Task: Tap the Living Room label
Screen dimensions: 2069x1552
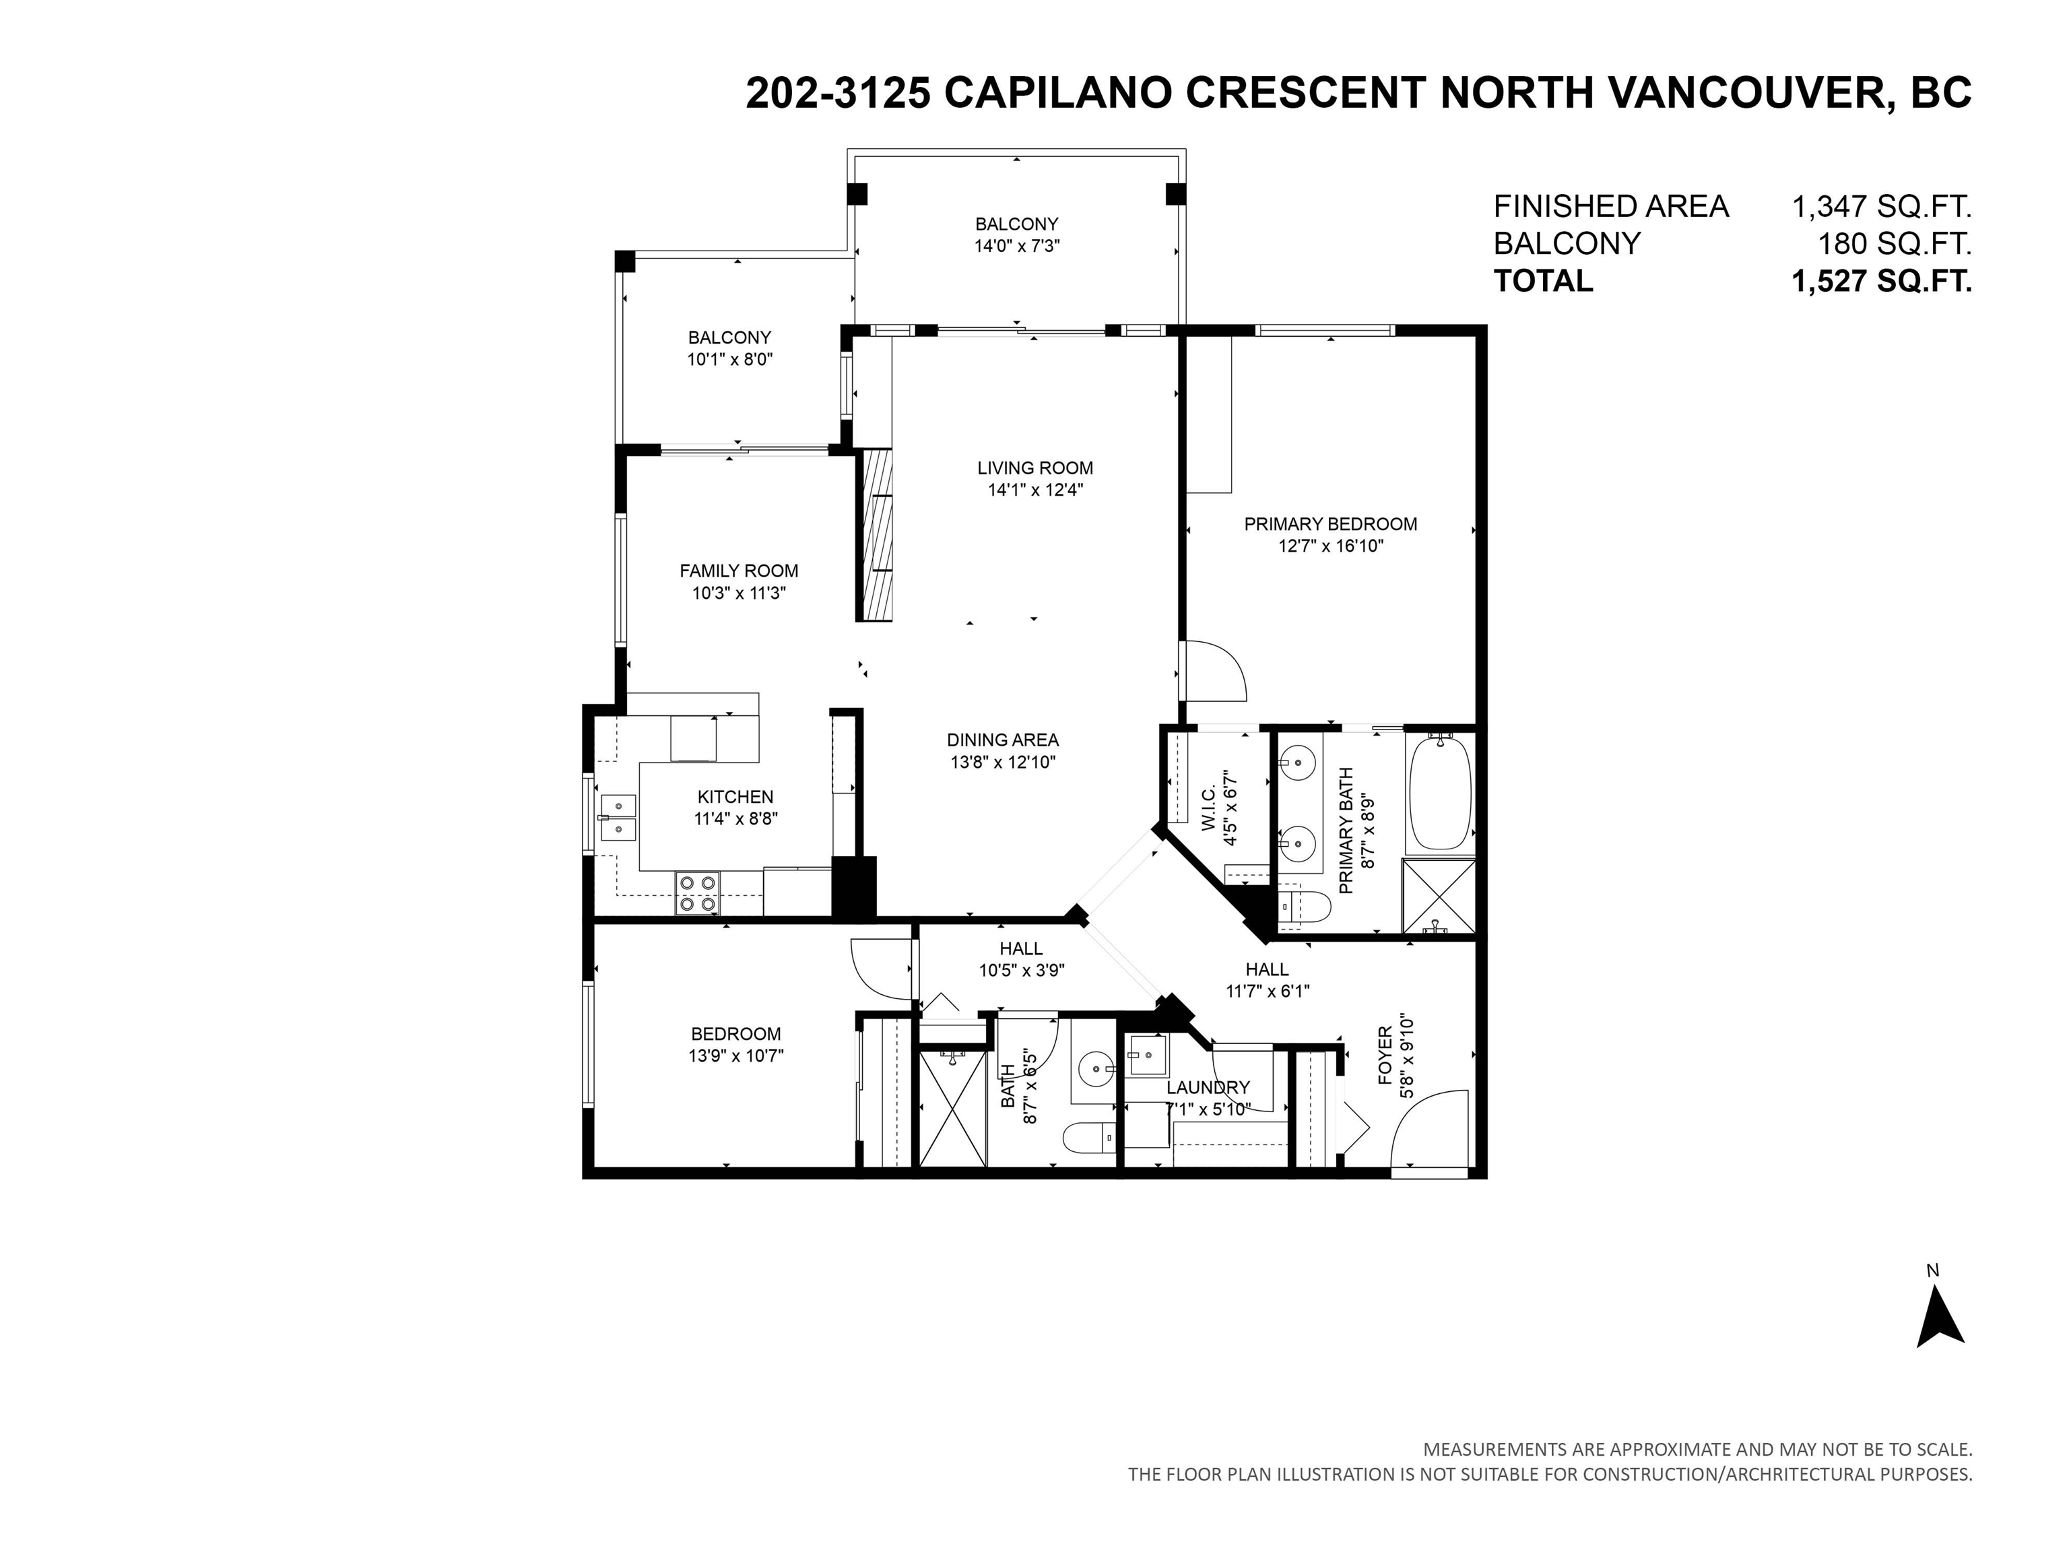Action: click(x=1034, y=467)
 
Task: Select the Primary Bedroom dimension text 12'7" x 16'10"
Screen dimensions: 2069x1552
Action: click(x=1330, y=546)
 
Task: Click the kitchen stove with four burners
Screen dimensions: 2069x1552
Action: click(x=698, y=893)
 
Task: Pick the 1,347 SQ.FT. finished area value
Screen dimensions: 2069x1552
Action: click(x=1881, y=206)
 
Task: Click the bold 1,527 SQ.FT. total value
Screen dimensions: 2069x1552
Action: click(x=1881, y=281)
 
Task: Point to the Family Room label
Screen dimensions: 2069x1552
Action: click(x=739, y=571)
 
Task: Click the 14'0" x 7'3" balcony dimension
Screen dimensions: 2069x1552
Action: click(x=1017, y=246)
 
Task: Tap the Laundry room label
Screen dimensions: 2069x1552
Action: click(x=1208, y=1087)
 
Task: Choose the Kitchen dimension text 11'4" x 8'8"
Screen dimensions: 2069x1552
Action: click(x=736, y=818)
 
